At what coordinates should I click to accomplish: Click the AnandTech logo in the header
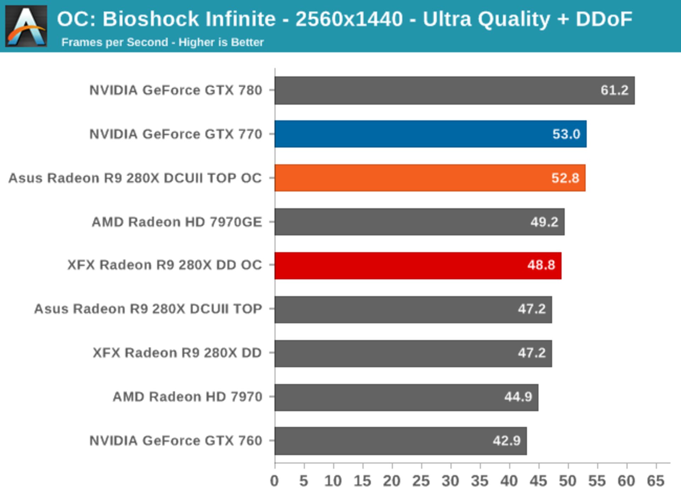point(26,26)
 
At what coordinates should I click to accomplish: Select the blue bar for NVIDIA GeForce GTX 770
point(430,134)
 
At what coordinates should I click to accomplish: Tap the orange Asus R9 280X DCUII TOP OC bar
point(430,178)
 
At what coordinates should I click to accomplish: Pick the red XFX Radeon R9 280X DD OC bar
point(418,265)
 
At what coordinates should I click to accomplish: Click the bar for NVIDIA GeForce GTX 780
point(454,90)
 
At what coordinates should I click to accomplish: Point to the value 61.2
point(614,90)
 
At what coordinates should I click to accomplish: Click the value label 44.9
point(518,397)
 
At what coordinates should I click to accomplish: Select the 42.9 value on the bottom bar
point(506,441)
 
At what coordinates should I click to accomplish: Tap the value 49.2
point(544,222)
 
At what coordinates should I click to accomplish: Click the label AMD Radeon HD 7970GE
point(177,222)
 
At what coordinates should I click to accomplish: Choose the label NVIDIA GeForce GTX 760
point(176,441)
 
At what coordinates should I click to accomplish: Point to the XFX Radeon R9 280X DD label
point(177,353)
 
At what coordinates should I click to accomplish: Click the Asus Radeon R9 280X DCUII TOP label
point(148,309)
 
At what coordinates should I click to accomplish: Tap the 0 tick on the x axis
point(274,481)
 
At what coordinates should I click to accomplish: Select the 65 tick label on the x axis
point(655,481)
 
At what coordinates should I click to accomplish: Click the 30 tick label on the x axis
point(450,481)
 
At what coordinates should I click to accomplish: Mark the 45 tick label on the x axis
point(538,481)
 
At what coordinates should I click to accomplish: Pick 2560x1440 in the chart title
point(349,19)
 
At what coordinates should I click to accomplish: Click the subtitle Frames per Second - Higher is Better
point(162,42)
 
